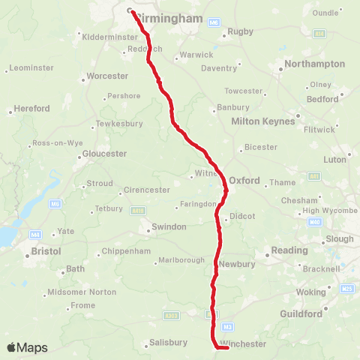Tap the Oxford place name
coord(244,181)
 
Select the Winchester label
coord(244,343)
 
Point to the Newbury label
coord(238,264)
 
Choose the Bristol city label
coord(46,250)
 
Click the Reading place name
coord(289,250)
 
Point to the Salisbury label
coord(168,342)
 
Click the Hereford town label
coord(32,109)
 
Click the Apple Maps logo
coord(27,347)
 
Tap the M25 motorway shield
coord(346,289)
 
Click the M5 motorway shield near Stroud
coord(55,203)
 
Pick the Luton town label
coord(335,160)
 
